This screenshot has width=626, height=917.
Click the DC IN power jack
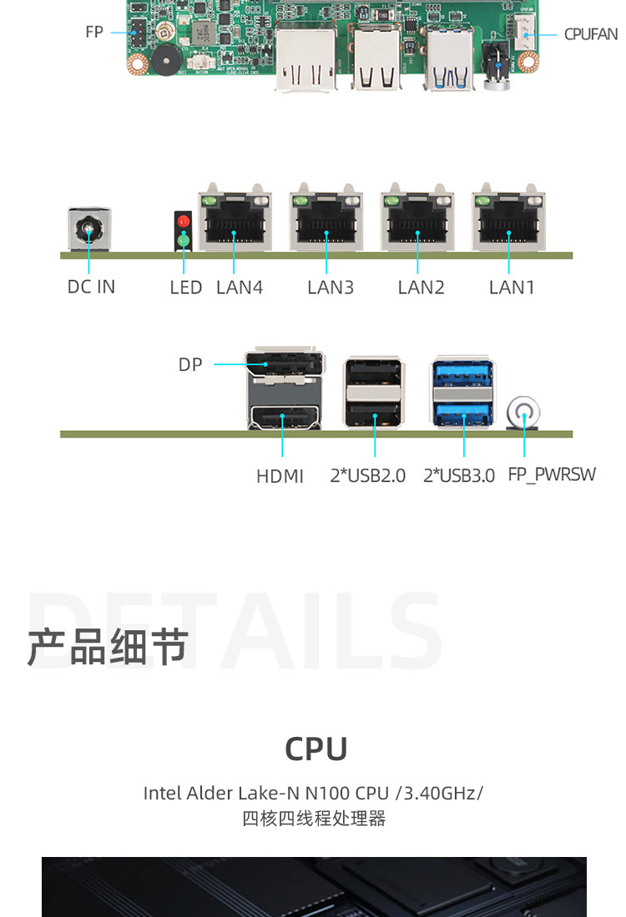tap(89, 229)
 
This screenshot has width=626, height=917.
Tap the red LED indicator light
tap(184, 221)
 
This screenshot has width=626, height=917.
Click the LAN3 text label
tap(331, 288)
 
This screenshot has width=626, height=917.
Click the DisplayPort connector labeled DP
tap(285, 363)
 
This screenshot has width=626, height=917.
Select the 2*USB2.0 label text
tap(368, 476)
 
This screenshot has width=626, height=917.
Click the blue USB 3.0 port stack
tap(462, 392)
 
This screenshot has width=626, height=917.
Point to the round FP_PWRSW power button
tap(523, 413)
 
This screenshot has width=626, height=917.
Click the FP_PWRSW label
tap(552, 474)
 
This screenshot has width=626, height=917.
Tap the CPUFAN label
tap(591, 34)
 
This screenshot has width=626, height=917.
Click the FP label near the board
tap(94, 32)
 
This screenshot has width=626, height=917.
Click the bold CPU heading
tap(316, 749)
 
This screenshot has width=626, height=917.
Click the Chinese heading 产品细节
tap(109, 648)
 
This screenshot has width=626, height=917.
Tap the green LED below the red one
tap(184, 239)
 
